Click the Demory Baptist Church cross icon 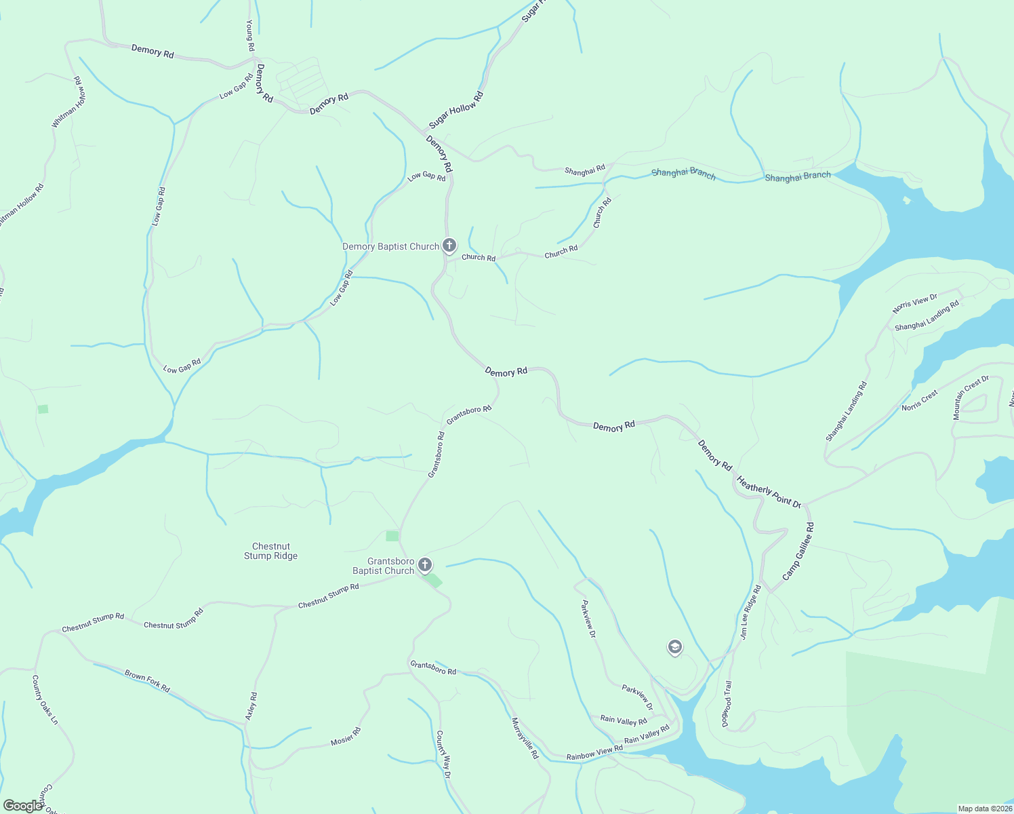[x=449, y=245]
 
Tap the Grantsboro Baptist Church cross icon [x=425, y=564]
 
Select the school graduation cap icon [x=674, y=647]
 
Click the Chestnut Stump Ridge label [x=271, y=551]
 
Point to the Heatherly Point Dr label [x=769, y=492]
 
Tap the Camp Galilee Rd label [x=798, y=551]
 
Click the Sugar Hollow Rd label [x=456, y=111]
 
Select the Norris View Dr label [x=914, y=303]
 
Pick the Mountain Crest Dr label [x=971, y=397]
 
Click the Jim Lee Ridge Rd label [x=750, y=613]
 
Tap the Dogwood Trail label [x=727, y=703]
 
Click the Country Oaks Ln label [x=45, y=699]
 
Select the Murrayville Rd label [x=525, y=737]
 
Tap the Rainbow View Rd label [x=594, y=752]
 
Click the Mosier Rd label [x=346, y=737]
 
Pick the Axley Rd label [x=251, y=706]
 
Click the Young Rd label [x=250, y=35]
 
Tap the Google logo [x=22, y=806]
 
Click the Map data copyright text [x=984, y=809]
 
